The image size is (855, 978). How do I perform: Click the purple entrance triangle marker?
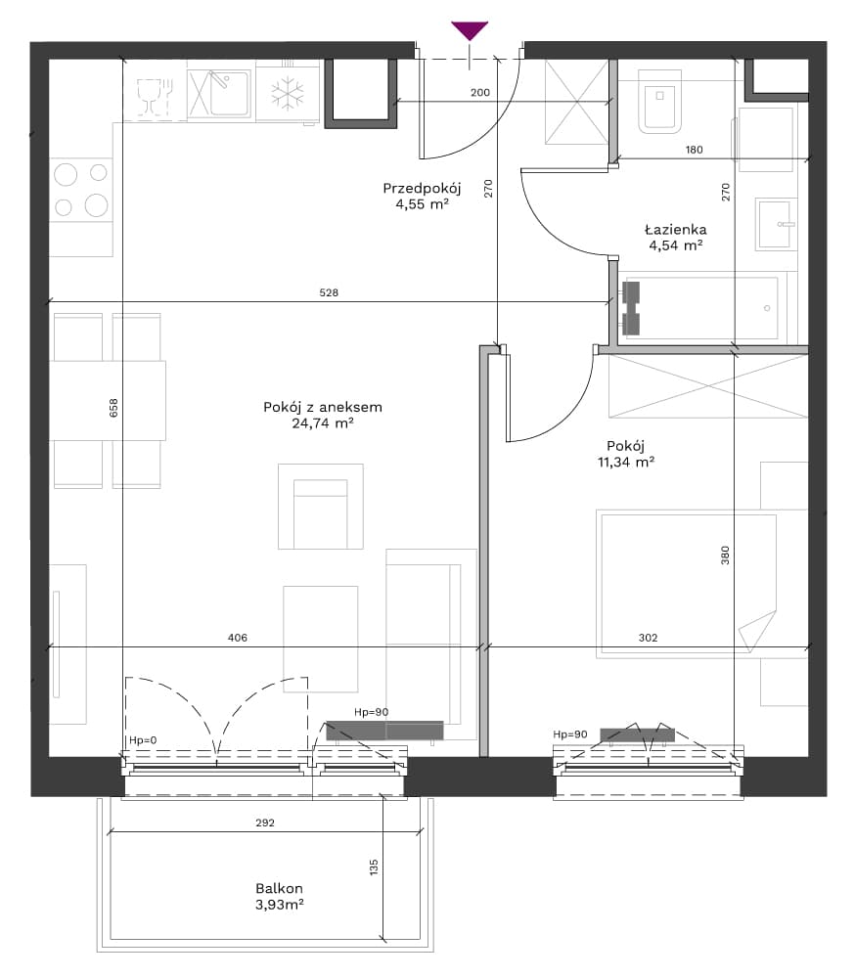point(470,30)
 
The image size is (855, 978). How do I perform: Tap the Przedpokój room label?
point(422,189)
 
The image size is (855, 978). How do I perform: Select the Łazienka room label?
point(675,229)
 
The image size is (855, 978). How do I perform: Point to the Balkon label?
point(279,888)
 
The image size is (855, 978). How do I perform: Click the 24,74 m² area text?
point(323,423)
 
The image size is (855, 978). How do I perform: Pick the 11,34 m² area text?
point(625,463)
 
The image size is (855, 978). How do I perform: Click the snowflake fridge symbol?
point(288,94)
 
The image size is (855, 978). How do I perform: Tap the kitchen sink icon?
point(220,94)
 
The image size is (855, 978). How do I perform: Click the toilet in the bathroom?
point(659,101)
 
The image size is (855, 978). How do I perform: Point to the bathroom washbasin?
point(776,224)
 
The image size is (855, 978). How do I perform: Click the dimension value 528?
point(329,292)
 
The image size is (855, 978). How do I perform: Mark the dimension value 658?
point(113,408)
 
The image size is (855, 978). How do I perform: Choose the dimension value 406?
point(237,638)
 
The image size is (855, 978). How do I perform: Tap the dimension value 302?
point(648,638)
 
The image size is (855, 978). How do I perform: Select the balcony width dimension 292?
point(265,822)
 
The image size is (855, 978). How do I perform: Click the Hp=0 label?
point(143,740)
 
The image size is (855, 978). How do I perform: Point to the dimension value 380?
point(725,556)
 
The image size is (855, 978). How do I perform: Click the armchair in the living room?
point(321,507)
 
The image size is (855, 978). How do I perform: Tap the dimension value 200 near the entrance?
point(480,92)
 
